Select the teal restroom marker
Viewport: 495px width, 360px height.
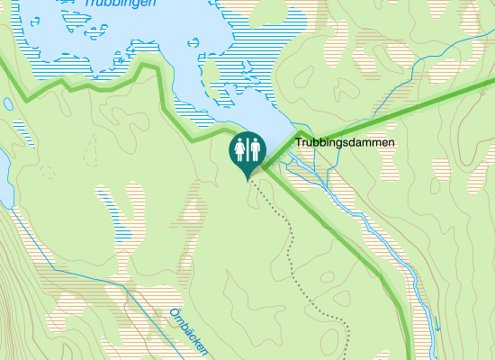coord(247,151)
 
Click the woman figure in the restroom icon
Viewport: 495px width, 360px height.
coord(240,148)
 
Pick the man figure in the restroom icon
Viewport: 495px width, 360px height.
coord(255,148)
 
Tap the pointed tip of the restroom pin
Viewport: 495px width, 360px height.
coord(247,180)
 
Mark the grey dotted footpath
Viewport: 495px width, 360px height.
coord(292,243)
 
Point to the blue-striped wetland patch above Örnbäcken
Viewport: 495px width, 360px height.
coord(112,211)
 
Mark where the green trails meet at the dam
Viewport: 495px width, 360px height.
coord(270,162)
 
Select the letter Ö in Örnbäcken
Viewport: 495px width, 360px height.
coord(173,314)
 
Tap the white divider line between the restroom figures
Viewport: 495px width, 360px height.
coord(247,148)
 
